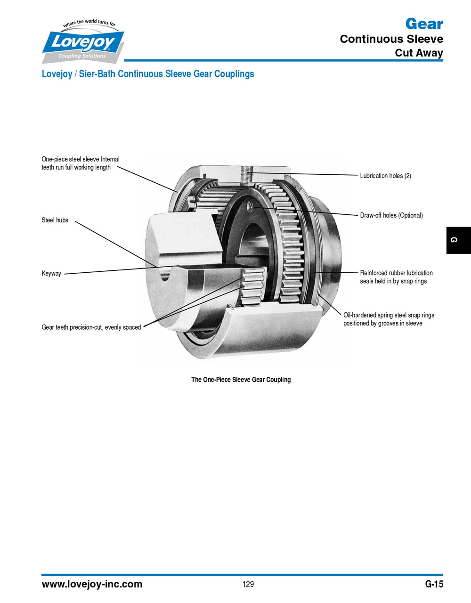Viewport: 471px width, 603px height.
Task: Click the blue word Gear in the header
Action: point(424,24)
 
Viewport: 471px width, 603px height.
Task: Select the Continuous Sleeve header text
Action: point(391,39)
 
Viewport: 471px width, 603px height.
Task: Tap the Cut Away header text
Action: point(419,53)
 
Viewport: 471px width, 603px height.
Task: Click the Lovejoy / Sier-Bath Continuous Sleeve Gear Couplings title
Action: point(148,74)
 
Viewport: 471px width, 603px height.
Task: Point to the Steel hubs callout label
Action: point(55,220)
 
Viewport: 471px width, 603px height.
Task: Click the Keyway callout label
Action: point(51,273)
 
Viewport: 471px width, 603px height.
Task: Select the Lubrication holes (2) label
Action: point(385,176)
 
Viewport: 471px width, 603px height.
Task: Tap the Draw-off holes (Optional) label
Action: point(391,215)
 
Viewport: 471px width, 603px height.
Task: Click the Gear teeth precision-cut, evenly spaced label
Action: point(91,327)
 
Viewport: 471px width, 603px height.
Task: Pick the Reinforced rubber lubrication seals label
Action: point(396,277)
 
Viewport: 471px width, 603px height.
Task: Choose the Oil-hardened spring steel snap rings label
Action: point(389,319)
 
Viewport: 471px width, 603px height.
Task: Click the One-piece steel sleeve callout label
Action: point(81,163)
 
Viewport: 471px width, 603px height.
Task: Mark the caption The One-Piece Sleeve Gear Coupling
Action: point(241,380)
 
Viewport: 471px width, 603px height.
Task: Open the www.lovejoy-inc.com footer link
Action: point(92,584)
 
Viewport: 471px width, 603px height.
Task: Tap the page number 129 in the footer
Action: point(248,584)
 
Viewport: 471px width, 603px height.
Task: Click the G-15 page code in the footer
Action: point(434,584)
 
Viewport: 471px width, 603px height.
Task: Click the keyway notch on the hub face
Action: point(164,275)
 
